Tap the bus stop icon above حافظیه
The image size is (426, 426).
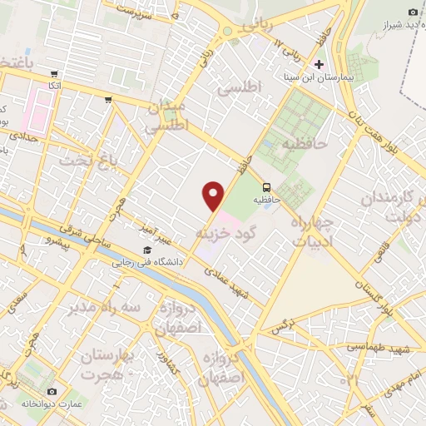[x=267, y=186]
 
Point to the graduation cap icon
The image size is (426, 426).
[x=147, y=250]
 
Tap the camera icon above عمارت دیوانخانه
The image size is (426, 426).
[x=52, y=391]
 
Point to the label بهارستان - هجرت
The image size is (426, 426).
[x=109, y=364]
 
